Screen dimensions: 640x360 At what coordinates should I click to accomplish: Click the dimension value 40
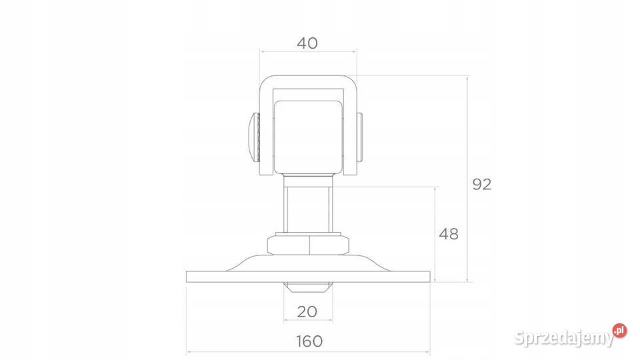tap(307, 43)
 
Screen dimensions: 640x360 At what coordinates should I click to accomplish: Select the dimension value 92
tap(481, 185)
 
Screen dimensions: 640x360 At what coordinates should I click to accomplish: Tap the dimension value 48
tap(449, 234)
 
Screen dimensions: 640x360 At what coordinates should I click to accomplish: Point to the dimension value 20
tap(307, 311)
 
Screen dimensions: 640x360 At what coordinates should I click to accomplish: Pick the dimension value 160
tap(309, 341)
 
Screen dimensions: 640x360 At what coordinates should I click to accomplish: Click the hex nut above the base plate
tap(308, 245)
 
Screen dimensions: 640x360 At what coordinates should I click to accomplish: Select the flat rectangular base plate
tap(308, 276)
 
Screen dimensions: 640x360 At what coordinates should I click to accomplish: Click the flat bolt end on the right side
tap(361, 137)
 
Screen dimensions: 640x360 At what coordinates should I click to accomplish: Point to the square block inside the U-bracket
tap(308, 137)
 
